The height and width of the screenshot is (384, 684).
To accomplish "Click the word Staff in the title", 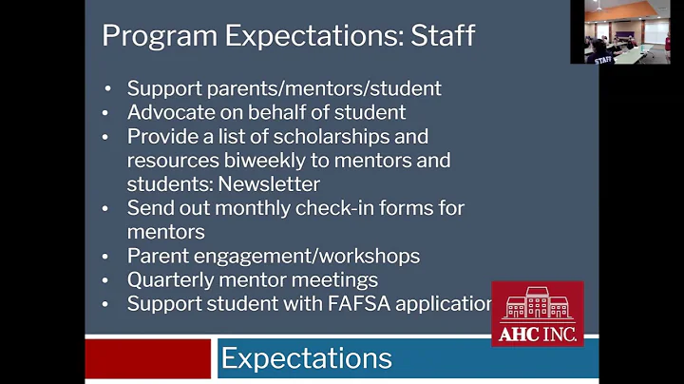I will pos(443,36).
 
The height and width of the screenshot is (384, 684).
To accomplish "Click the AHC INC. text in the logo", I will pos(537,334).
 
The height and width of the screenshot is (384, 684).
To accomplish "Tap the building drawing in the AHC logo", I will pos(537,303).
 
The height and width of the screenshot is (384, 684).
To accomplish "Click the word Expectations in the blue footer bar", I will pos(306,358).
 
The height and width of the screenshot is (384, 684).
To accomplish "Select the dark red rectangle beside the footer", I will pos(147,358).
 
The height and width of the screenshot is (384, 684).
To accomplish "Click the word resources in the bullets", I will pos(170,160).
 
